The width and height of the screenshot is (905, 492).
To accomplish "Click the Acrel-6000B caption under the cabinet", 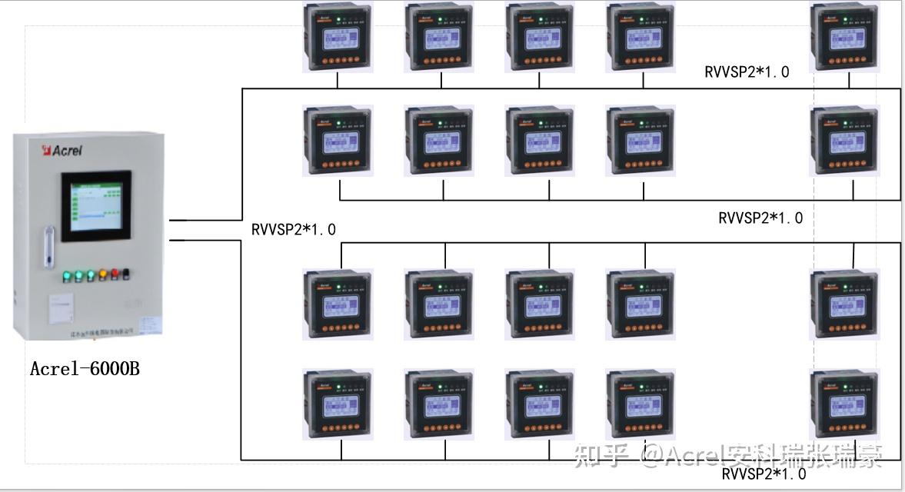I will click(85, 369).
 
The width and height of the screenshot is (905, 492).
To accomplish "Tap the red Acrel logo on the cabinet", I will click(62, 150).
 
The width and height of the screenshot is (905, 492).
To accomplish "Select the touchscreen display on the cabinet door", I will click(97, 205).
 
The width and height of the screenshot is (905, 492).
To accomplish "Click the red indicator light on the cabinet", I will click(115, 273).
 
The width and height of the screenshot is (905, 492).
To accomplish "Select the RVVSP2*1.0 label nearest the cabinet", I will click(294, 229).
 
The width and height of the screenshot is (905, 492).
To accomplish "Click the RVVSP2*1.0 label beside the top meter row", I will click(747, 72).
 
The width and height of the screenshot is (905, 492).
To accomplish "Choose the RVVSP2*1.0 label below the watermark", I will click(764, 474).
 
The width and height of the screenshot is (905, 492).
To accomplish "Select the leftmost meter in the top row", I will click(337, 38).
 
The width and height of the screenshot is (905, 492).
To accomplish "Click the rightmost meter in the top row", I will click(844, 38).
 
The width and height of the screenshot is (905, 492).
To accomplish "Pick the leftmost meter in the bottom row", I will click(337, 404).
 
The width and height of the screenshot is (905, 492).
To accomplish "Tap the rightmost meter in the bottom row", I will click(844, 404).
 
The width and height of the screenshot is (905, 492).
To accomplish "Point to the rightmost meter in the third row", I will click(844, 304).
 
